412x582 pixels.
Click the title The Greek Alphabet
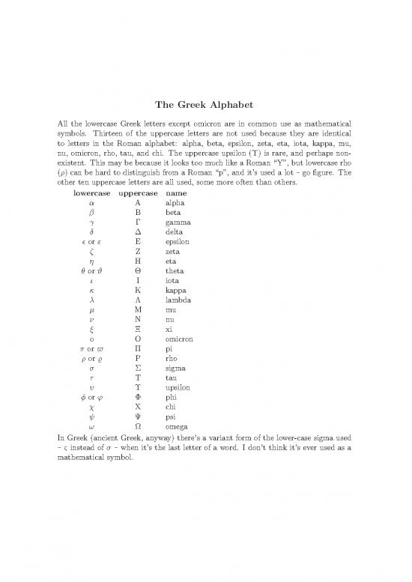(x=205, y=104)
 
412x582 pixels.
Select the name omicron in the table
(x=181, y=339)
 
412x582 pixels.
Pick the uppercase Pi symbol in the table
(x=139, y=350)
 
